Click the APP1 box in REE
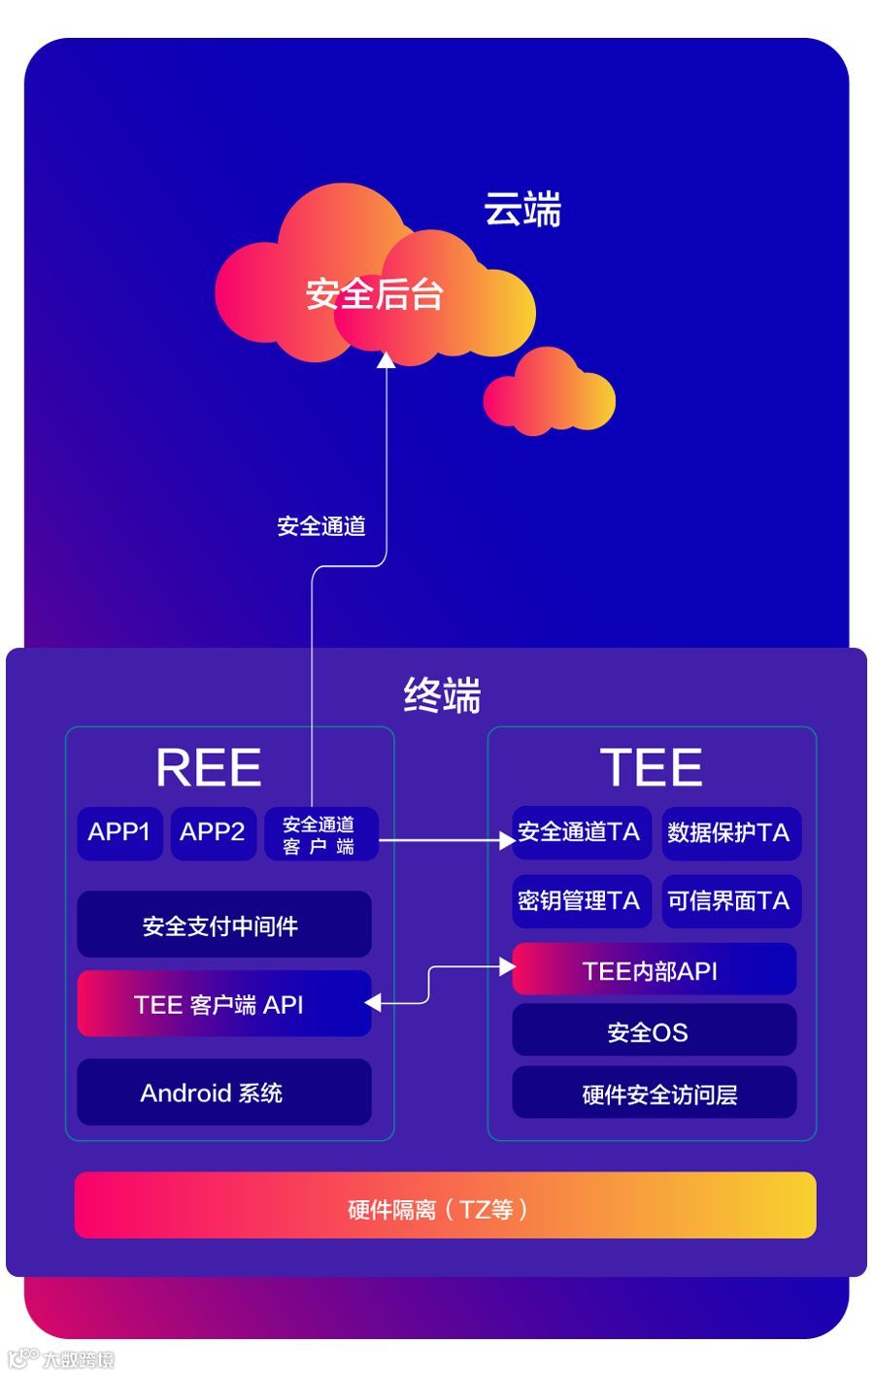coord(119,833)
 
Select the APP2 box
coord(213,833)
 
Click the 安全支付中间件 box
coord(223,925)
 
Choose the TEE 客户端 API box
coord(223,1004)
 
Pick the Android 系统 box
coord(223,1092)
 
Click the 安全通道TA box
coord(580,832)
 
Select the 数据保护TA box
coord(730,833)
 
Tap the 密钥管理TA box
coord(580,901)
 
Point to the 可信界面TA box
coord(730,901)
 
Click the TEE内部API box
coord(654,970)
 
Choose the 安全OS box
coord(654,1031)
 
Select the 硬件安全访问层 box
coord(654,1093)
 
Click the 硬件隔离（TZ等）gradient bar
coord(445,1206)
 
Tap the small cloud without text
coord(551,393)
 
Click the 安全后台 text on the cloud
coord(375,293)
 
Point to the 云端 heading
coord(522,210)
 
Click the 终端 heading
coord(442,695)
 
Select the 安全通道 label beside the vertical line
coord(321,526)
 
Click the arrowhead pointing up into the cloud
coord(386,360)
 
